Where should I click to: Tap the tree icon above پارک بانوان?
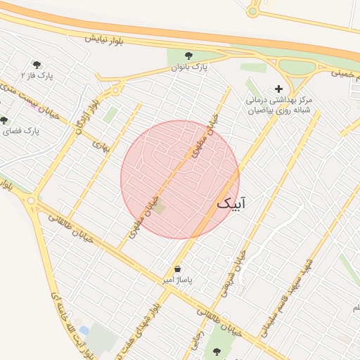[188, 56]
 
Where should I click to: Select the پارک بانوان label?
[190, 68]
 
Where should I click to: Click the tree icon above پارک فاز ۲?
[37, 65]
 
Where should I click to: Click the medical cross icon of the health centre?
[279, 89]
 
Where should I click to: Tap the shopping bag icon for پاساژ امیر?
[176, 269]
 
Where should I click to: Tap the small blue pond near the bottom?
[84, 330]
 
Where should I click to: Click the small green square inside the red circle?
[160, 207]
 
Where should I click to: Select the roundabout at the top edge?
[253, 11]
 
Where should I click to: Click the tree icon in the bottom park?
[214, 352]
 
